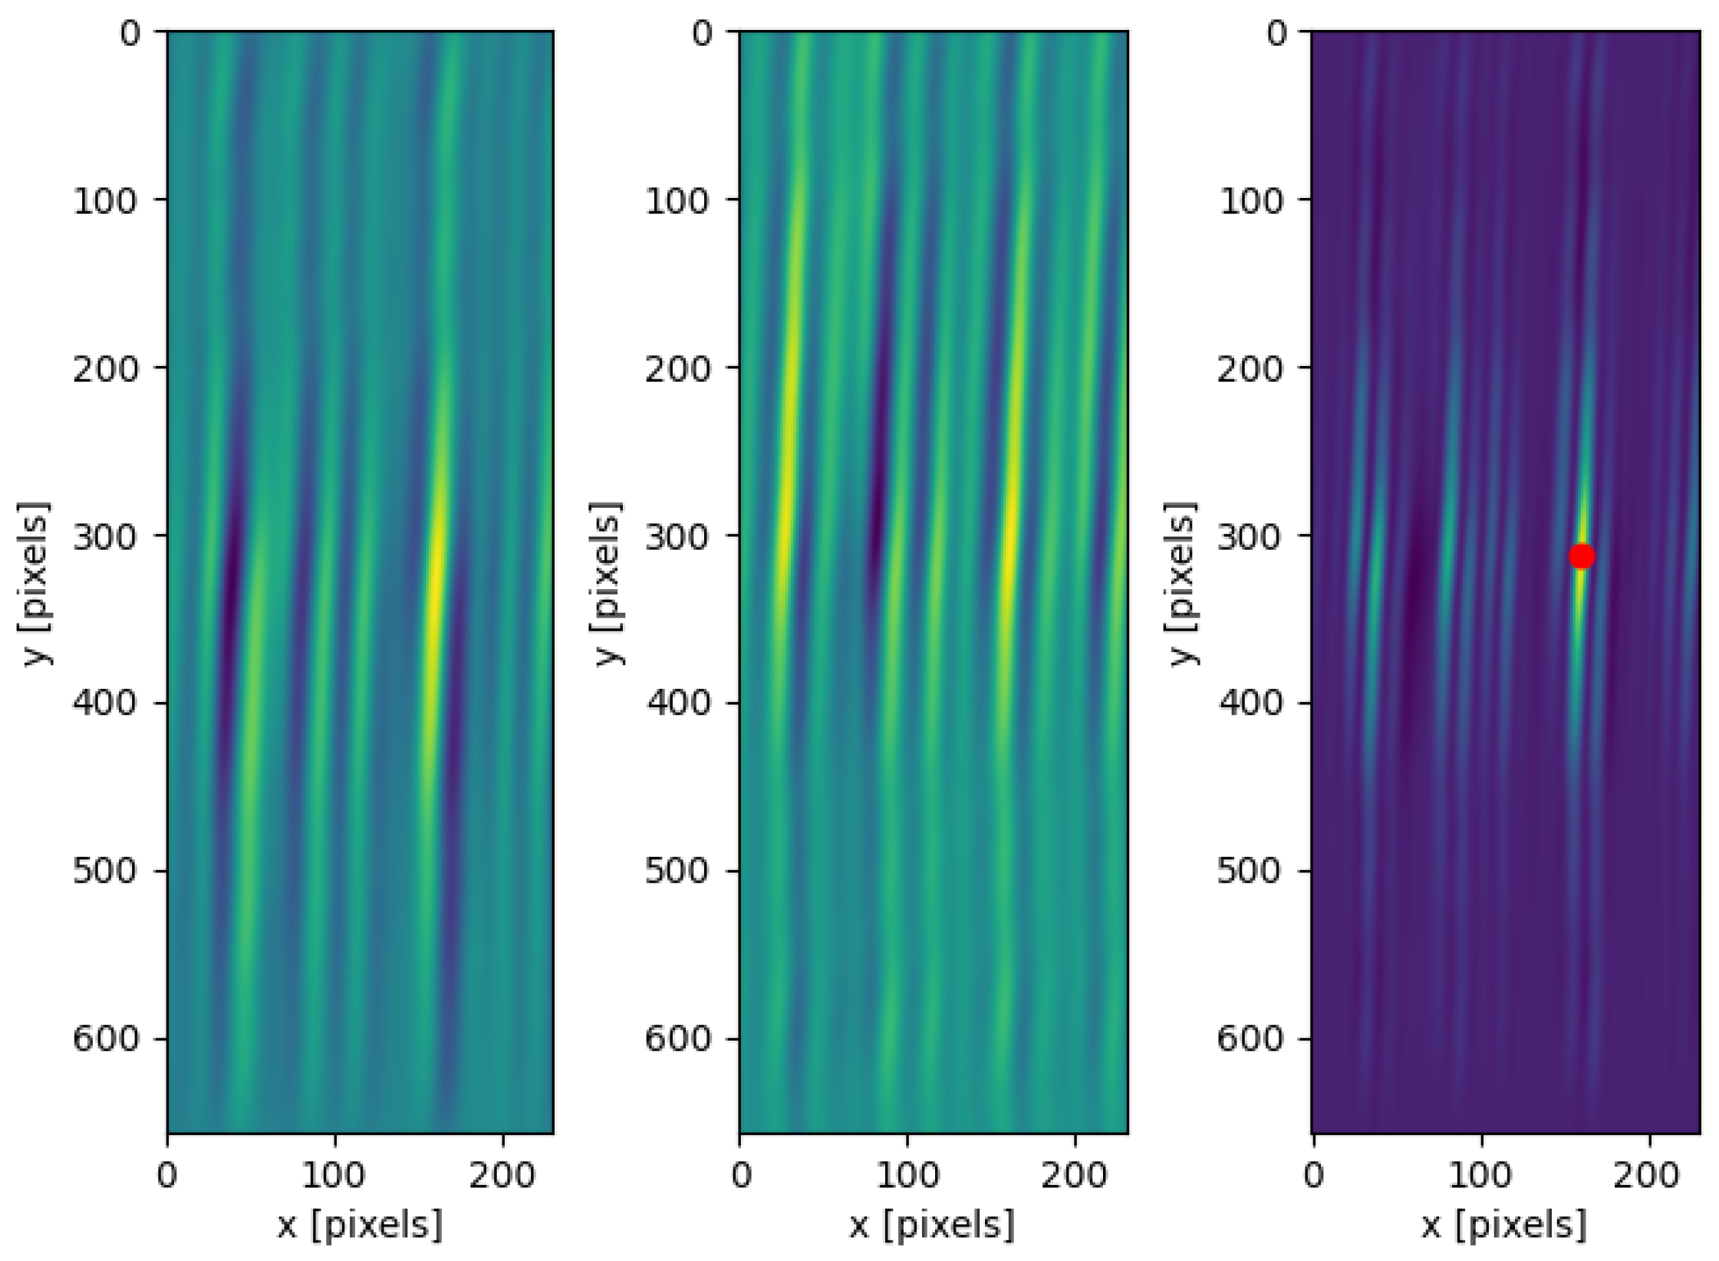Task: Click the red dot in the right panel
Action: [1581, 556]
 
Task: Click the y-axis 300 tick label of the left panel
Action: [107, 536]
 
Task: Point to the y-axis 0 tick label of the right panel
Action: [1276, 33]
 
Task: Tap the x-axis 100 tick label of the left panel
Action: [334, 1175]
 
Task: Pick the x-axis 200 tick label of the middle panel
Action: [1074, 1175]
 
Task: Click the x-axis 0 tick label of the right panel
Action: [1314, 1175]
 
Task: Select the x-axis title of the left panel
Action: [360, 1225]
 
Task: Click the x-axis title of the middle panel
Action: [932, 1225]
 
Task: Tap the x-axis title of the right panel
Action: [1504, 1225]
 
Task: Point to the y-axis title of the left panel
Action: [34, 584]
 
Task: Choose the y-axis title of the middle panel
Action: [607, 584]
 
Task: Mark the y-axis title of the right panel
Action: [1181, 584]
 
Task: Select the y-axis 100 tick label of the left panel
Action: [107, 201]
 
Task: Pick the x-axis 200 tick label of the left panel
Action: [502, 1175]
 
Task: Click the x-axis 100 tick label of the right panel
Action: [1481, 1175]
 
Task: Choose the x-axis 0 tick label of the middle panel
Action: [741, 1175]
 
